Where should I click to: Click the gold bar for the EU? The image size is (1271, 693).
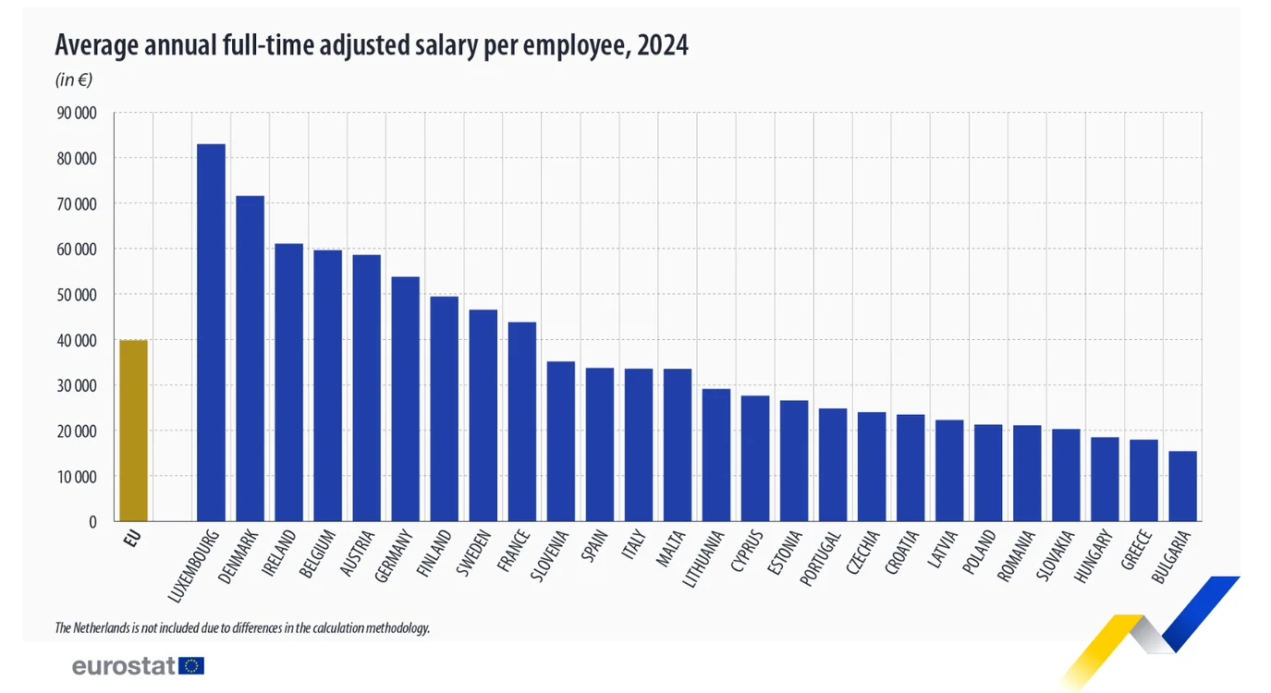coord(133,431)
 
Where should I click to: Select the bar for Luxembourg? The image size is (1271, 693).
coord(211,333)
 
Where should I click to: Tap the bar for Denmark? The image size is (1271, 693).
coord(251,359)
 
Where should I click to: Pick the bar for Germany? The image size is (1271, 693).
coord(406,398)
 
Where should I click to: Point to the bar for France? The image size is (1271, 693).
coord(522,421)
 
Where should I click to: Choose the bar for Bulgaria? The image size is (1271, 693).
coord(1182,486)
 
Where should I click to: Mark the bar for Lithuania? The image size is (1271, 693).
coord(716,455)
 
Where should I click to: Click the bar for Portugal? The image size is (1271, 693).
coord(833,465)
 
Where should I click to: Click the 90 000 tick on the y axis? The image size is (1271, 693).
coord(77,113)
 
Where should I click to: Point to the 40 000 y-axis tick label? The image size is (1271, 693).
coord(77,340)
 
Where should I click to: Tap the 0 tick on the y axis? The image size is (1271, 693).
coord(92,522)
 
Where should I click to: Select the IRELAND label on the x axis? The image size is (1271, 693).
coord(279,553)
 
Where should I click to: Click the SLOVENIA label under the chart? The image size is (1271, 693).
coord(549,555)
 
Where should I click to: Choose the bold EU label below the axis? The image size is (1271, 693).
coord(131,538)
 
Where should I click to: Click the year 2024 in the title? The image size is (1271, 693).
coord(663,44)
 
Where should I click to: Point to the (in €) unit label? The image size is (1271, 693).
coord(74,79)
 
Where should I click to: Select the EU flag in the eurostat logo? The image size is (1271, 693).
coord(191,666)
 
